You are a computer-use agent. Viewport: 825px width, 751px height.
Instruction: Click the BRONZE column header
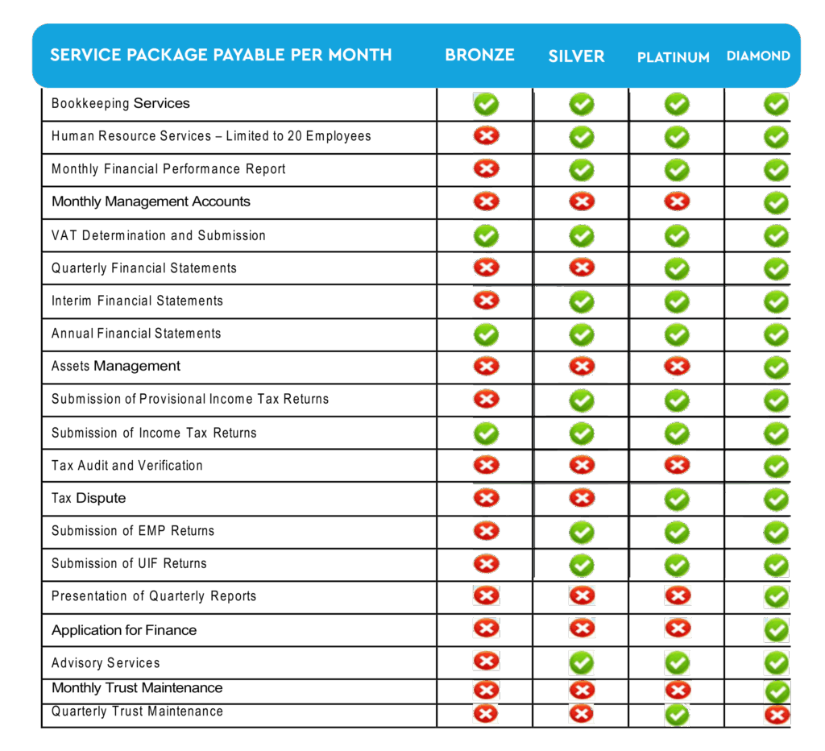coord(479,56)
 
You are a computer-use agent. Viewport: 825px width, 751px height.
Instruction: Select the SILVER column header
coord(576,56)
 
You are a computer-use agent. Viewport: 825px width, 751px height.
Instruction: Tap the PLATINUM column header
coord(673,57)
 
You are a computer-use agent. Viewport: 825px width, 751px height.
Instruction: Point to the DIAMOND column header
coord(758,56)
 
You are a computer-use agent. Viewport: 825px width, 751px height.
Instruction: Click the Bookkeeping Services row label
coord(120,103)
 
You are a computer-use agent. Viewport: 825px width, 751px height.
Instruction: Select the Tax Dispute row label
coord(89,498)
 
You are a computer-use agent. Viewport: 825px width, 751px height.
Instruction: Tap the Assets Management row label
coord(116,366)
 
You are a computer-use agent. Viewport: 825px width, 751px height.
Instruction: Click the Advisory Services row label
coord(106,662)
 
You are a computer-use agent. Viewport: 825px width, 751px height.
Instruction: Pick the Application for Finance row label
coord(124,630)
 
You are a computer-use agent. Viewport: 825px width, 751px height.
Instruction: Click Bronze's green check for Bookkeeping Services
coord(486,104)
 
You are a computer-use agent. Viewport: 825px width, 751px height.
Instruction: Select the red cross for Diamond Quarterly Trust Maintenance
coord(777,716)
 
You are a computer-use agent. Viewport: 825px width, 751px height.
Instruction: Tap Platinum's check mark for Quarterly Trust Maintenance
coord(678,715)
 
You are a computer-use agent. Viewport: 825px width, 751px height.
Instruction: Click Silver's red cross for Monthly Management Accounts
coord(582,201)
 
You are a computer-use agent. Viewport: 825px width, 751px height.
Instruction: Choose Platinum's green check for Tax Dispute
coord(677,499)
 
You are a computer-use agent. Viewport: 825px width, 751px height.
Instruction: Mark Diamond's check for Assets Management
coord(777,367)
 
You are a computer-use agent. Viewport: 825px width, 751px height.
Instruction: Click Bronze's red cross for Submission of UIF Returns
coord(486,563)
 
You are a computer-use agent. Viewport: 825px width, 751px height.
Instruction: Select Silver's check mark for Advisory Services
coord(582,663)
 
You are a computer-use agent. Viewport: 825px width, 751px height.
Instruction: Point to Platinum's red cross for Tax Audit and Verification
coord(677,465)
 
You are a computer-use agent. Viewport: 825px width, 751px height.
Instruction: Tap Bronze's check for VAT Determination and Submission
coord(486,236)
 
